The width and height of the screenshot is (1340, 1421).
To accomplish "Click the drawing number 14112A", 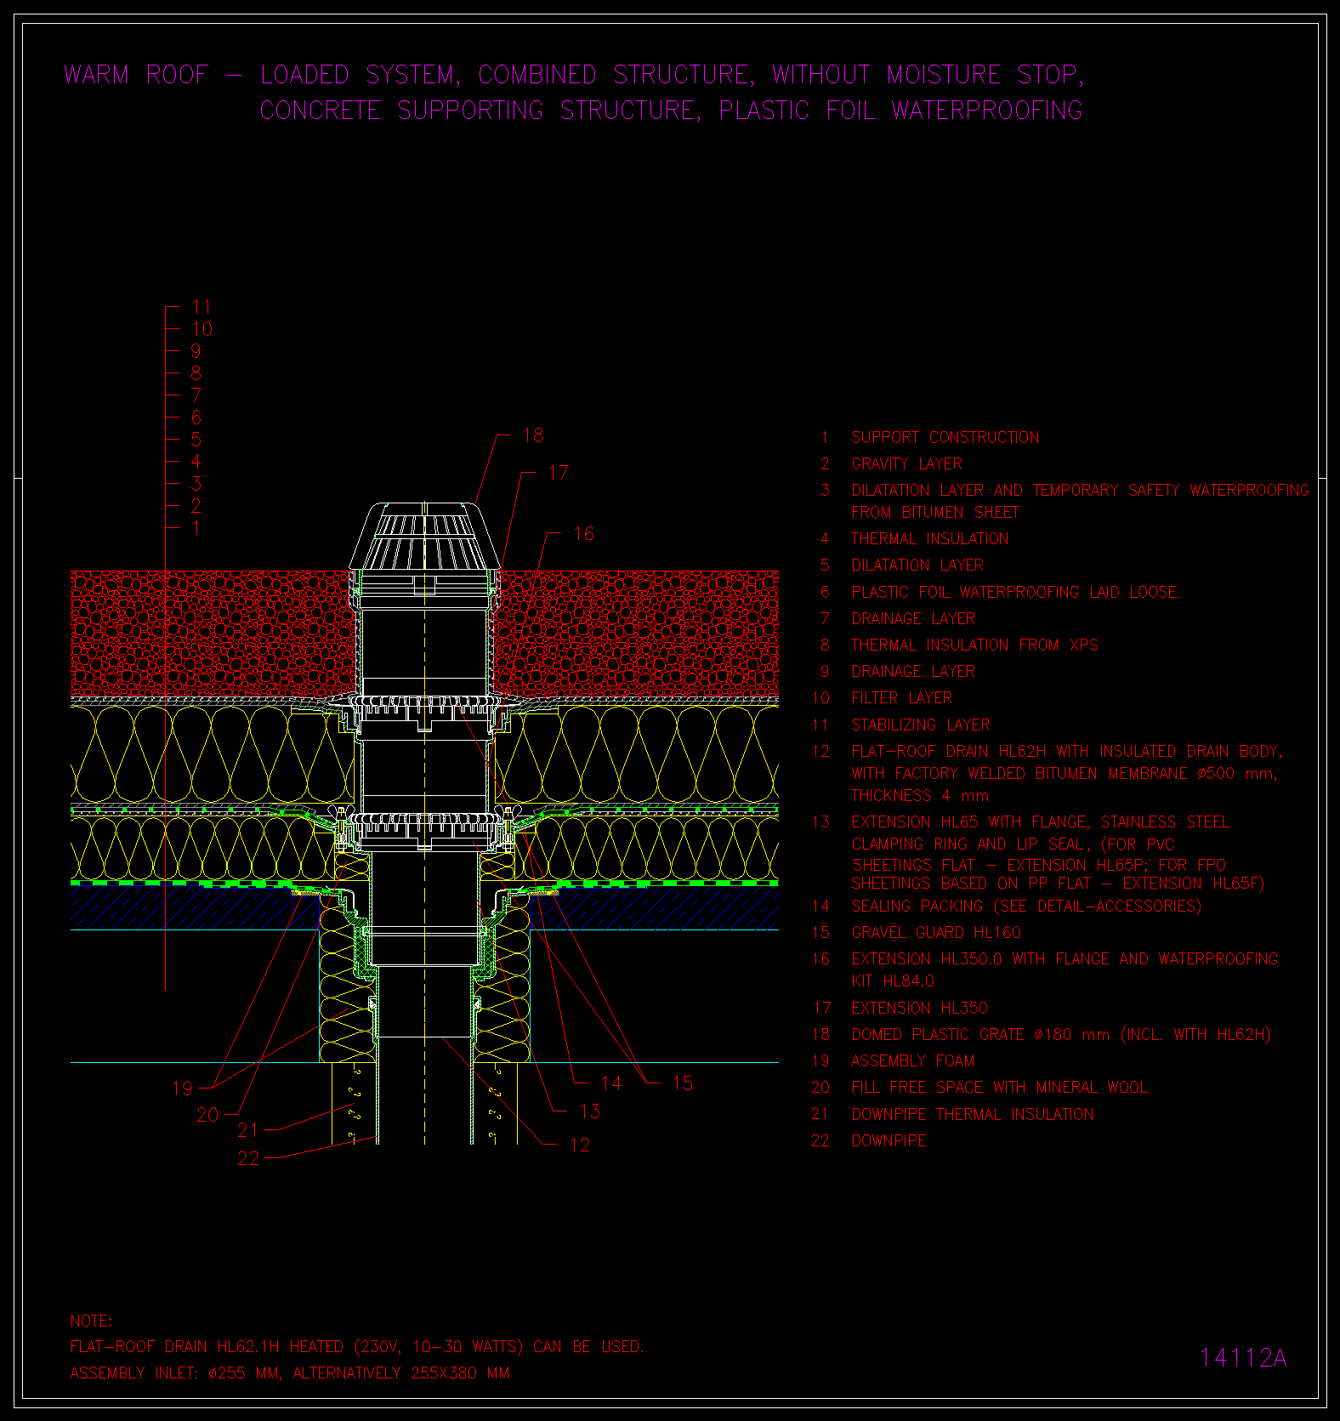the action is (x=1243, y=1358).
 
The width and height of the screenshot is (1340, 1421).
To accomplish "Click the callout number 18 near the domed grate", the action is (x=533, y=435).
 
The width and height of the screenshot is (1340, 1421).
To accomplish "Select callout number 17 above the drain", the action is (x=558, y=473).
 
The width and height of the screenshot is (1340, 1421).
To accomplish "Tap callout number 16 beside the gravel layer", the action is (x=583, y=534).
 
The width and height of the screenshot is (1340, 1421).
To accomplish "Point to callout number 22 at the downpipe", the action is (x=248, y=1158).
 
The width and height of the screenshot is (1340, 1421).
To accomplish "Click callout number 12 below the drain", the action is (x=580, y=1145).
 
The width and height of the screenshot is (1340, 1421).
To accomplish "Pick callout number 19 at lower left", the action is (x=182, y=1088).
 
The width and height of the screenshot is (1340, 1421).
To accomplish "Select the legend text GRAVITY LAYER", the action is (x=907, y=464).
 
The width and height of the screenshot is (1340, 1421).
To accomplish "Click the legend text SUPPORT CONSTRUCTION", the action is (x=945, y=438).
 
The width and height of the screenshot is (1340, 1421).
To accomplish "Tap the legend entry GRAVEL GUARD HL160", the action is (x=936, y=933).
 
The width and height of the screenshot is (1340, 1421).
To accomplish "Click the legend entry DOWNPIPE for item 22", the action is (x=889, y=1141).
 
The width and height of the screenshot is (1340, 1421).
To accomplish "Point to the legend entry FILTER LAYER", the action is (x=902, y=698).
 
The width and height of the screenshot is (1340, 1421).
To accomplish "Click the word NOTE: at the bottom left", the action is (x=91, y=1322).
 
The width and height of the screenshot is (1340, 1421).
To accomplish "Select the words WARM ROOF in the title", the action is (x=136, y=75).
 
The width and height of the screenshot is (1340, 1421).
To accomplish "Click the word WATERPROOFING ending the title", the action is (x=987, y=111).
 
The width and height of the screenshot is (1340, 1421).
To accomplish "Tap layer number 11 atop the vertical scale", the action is (x=202, y=307).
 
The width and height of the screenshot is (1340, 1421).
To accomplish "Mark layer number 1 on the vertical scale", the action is (x=196, y=528).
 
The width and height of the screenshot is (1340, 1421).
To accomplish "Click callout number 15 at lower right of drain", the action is (x=682, y=1083).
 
